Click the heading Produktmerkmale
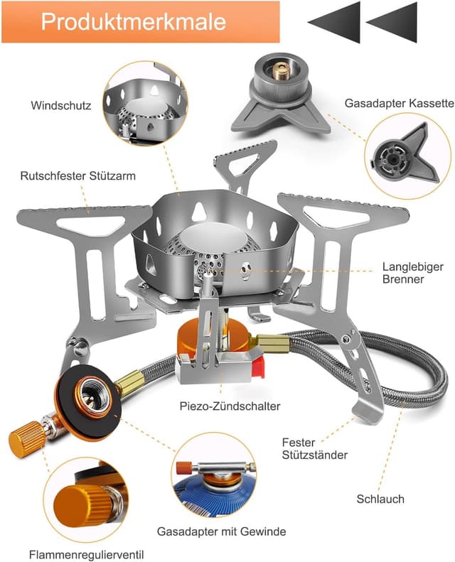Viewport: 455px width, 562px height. tap(134, 21)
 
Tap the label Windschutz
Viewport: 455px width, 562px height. tap(61, 106)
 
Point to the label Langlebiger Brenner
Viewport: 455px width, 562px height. tap(403, 274)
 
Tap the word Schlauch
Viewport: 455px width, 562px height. tap(380, 499)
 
